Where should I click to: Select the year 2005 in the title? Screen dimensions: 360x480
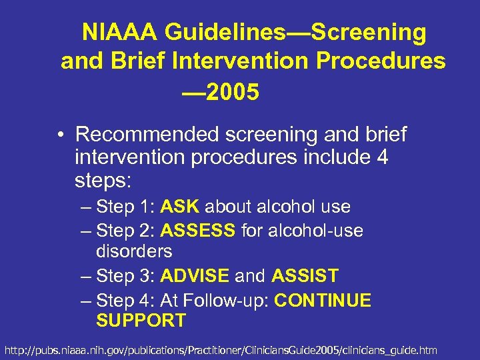click(232, 93)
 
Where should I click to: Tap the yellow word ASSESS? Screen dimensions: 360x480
click(198, 231)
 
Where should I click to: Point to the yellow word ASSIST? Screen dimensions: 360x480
click(305, 275)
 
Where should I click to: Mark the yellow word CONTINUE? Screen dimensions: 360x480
click(323, 300)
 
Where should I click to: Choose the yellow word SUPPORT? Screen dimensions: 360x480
click(141, 321)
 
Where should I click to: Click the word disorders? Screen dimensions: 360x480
click(134, 251)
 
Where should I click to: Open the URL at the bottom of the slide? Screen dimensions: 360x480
click(221, 349)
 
